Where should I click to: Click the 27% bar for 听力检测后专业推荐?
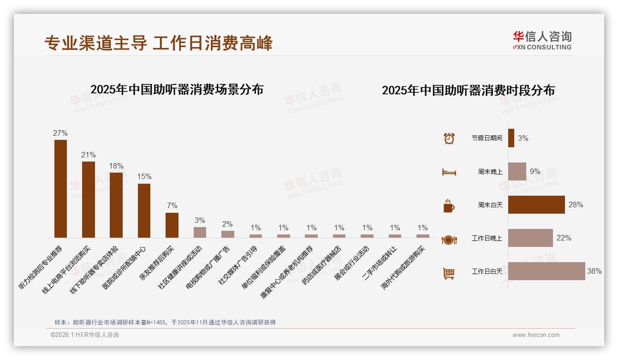click(x=60, y=188)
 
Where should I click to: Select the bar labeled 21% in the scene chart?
click(x=89, y=199)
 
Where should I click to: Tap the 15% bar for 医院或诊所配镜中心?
click(x=144, y=210)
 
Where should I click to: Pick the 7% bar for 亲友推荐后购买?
click(x=172, y=225)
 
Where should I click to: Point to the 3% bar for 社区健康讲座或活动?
click(x=200, y=232)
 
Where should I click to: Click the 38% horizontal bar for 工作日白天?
click(x=547, y=271)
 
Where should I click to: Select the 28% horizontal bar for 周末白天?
click(x=536, y=205)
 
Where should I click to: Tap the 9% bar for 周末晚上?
click(x=517, y=171)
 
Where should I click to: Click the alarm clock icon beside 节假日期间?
click(x=449, y=138)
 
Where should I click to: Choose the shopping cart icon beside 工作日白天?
click(x=449, y=273)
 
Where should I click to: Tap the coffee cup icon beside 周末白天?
click(x=449, y=206)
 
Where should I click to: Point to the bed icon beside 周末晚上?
click(x=449, y=172)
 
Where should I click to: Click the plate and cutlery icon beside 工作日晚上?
click(x=449, y=240)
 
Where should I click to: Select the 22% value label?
click(x=564, y=238)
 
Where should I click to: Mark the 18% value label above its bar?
click(x=116, y=166)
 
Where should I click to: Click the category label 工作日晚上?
click(x=487, y=239)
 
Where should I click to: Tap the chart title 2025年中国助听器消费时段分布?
click(x=468, y=90)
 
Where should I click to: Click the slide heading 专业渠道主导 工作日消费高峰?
click(x=159, y=43)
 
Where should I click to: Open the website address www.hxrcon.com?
click(x=535, y=335)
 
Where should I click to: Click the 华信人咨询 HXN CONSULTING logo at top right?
click(x=542, y=41)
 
